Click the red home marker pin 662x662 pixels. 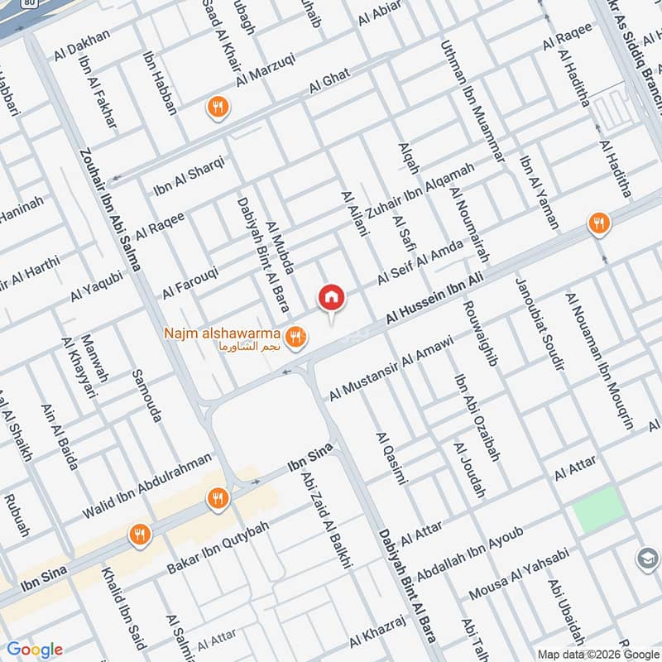(331, 297)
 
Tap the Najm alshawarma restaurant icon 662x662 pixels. (295, 338)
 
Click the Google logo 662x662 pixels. (35, 650)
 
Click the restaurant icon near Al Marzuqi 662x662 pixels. (218, 106)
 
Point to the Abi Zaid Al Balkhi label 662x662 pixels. (328, 520)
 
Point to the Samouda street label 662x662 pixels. (146, 396)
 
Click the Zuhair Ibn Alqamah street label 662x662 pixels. (420, 190)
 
